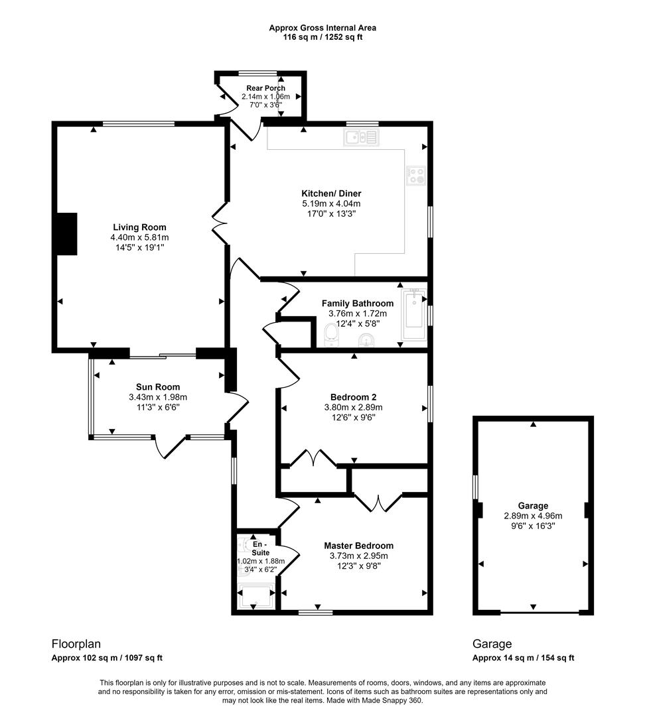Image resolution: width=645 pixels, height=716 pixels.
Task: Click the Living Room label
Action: coord(139,227)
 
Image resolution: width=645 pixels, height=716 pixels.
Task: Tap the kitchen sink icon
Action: coord(360,137)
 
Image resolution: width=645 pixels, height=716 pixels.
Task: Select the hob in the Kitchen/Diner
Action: coord(417,175)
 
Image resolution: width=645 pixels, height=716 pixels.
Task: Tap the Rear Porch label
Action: coord(265,88)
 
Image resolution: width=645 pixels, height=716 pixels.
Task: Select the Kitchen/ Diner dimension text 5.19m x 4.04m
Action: coord(331,204)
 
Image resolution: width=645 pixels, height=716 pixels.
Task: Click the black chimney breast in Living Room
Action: coord(66,233)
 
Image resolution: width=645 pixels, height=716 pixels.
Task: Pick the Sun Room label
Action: coord(158,387)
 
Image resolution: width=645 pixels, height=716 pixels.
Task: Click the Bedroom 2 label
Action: coord(353,397)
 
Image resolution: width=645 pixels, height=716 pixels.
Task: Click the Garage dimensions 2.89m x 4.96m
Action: coord(533,516)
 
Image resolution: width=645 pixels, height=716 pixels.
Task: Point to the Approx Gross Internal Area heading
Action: coord(322,28)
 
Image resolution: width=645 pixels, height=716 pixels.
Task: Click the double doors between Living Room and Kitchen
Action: coord(219,221)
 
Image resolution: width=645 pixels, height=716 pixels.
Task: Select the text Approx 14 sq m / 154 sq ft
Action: coord(523,658)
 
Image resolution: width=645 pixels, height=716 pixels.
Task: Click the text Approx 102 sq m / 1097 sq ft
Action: coord(107,658)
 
